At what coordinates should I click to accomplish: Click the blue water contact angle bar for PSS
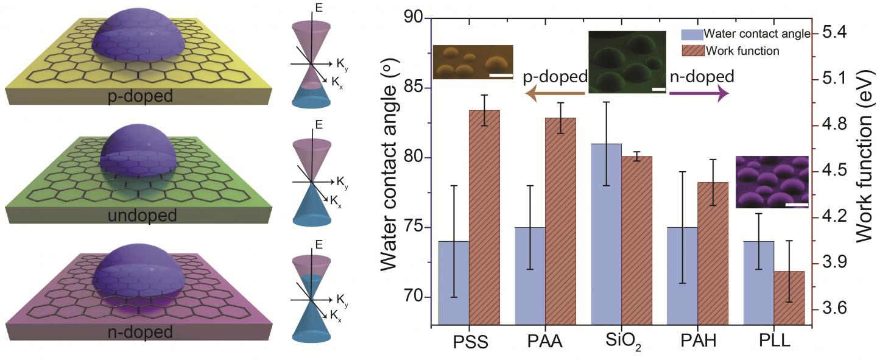[x=454, y=283]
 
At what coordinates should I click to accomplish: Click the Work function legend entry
[x=742, y=51]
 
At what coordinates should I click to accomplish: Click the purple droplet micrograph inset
[x=772, y=182]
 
